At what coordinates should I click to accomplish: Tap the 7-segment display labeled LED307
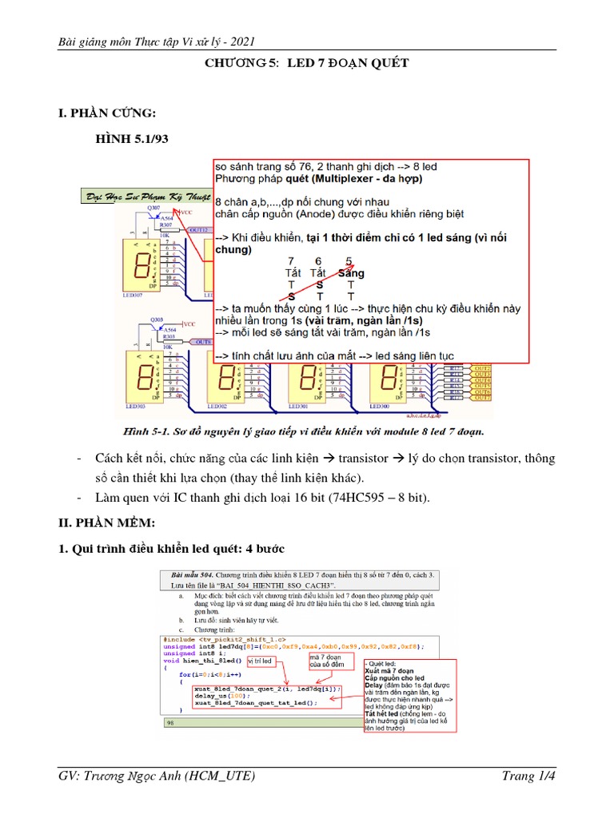(142, 263)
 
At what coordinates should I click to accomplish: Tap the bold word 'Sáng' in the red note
(349, 273)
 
